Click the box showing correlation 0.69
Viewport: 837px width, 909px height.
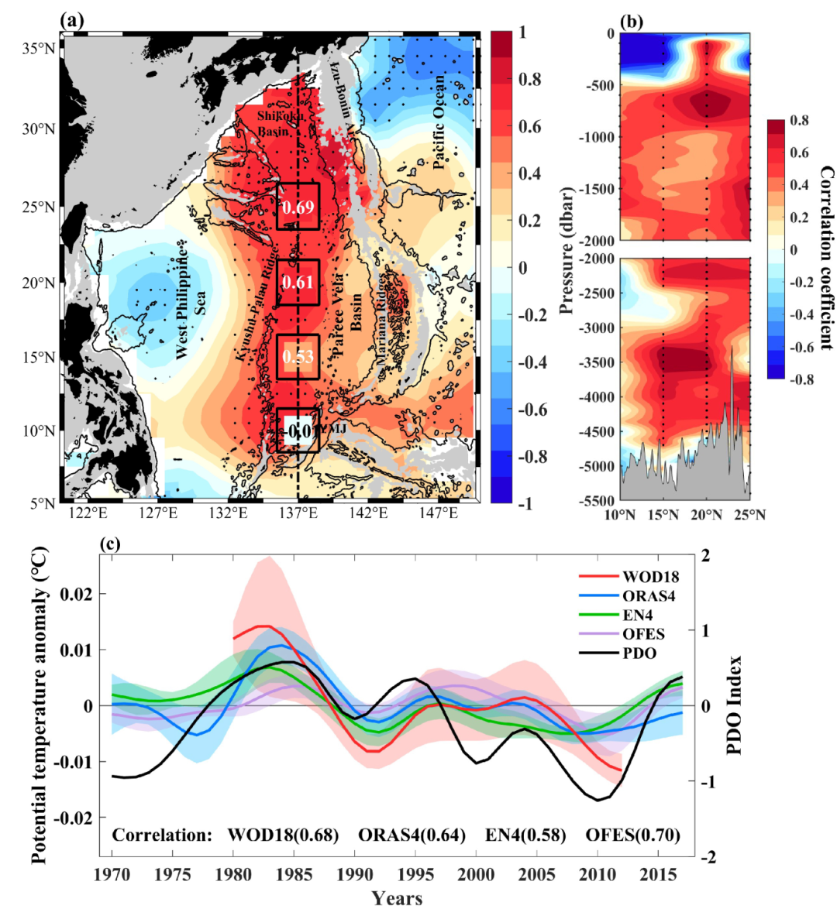298,207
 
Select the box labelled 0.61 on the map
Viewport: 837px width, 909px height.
298,282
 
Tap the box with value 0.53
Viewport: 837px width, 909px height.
298,357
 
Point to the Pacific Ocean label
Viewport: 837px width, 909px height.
439,122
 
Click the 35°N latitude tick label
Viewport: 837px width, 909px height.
38,48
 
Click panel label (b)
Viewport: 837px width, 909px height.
631,22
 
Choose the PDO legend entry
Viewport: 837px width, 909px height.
639,653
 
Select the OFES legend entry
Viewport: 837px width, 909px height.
642,633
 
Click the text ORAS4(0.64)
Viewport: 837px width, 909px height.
412,835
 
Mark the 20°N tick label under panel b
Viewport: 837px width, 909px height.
706,515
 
